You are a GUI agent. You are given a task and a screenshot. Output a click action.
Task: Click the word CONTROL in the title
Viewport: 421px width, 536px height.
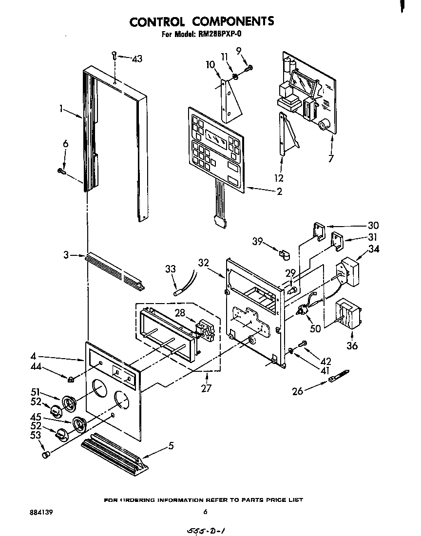click(157, 21)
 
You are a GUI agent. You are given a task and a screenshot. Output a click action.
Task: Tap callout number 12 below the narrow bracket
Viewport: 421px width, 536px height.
click(279, 178)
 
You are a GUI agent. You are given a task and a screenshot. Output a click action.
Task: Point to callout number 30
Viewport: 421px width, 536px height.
click(373, 226)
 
